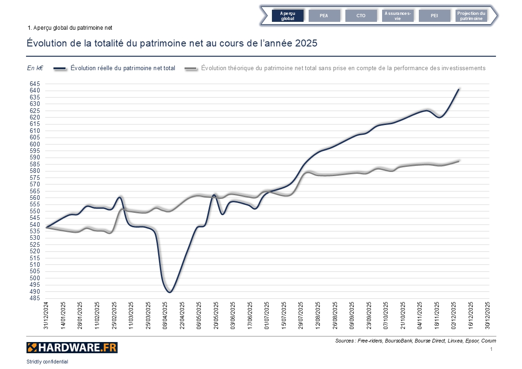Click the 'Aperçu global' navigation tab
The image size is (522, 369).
[288, 16]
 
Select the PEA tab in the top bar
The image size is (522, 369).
[324, 16]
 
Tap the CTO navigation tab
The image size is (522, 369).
[361, 16]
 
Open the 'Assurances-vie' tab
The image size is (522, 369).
[397, 16]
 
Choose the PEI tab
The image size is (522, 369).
[434, 16]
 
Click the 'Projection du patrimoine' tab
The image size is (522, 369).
[471, 16]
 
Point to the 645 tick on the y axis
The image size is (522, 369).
[35, 84]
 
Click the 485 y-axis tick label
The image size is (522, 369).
[35, 298]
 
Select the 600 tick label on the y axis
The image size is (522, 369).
[35, 144]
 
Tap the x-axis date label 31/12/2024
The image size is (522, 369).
[46, 316]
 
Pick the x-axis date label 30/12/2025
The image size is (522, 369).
[488, 316]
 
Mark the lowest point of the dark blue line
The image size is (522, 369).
[170, 292]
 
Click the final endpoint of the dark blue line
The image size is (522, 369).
[459, 89]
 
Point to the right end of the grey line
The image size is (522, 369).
[459, 161]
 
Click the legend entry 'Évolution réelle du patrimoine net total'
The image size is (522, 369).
[123, 68]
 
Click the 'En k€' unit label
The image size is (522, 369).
[35, 68]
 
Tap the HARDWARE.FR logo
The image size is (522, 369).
[72, 348]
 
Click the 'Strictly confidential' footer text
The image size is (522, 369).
[47, 362]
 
